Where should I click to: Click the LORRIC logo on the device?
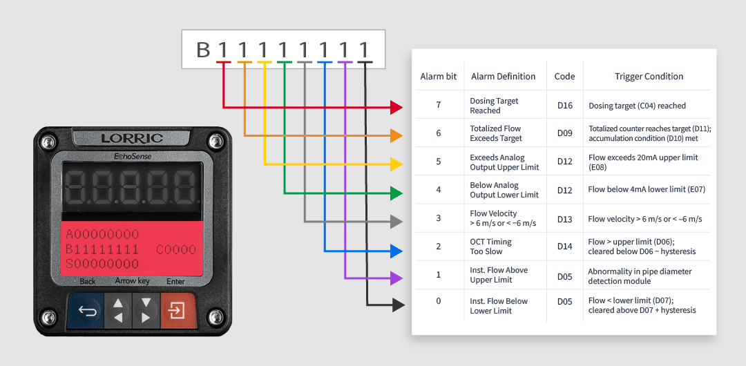click(x=132, y=139)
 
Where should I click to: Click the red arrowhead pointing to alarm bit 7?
click(x=396, y=108)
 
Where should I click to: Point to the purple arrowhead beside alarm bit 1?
click(x=396, y=278)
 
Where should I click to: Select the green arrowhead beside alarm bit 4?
click(x=396, y=193)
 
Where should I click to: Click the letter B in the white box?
click(x=203, y=50)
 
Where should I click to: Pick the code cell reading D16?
click(x=565, y=106)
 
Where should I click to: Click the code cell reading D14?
click(x=565, y=247)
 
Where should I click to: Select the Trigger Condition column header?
click(x=649, y=76)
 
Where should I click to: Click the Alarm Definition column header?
click(x=504, y=76)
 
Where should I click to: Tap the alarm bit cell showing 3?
click(x=438, y=218)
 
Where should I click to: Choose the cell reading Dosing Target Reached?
click(x=494, y=106)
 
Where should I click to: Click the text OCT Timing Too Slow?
click(x=492, y=247)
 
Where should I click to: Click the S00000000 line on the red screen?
click(x=102, y=264)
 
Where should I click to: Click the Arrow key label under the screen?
click(x=132, y=281)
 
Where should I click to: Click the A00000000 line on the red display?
click(x=102, y=235)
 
